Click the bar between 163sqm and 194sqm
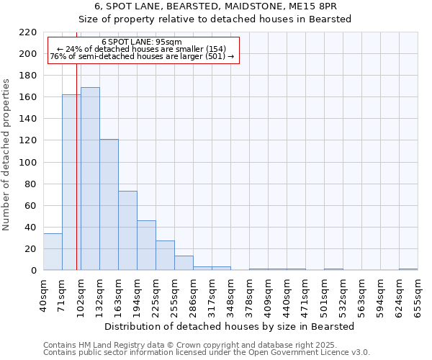pos(127,230)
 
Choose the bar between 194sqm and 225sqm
pos(146,246)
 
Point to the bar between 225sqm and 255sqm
pos(165,256)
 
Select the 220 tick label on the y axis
pos(27,32)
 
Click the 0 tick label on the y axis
pos(33,271)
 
